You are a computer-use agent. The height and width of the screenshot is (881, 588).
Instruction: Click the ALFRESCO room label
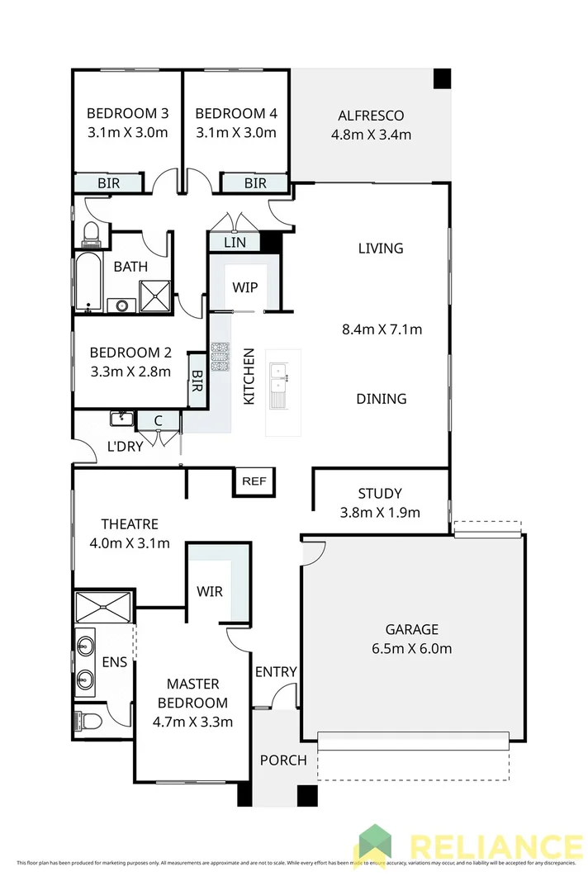(371, 116)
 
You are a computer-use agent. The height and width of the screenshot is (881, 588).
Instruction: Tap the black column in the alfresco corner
(443, 78)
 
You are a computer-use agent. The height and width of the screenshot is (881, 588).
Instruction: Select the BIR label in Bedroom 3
(109, 183)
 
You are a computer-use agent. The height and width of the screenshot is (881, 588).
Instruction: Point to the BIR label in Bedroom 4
(255, 183)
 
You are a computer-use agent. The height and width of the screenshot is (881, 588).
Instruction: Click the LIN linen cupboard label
(235, 243)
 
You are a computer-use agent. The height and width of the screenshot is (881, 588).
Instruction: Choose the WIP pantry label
(245, 287)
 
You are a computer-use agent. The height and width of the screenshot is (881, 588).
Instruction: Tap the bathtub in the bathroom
(87, 282)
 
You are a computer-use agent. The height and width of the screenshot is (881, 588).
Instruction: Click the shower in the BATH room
(154, 295)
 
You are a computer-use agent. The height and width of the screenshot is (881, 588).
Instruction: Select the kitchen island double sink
(279, 377)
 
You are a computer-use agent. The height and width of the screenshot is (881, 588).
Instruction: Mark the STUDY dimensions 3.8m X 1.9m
(380, 512)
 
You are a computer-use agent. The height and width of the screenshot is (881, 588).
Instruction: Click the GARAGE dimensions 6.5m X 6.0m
(411, 648)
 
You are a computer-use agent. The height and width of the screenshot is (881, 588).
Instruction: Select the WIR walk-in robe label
(209, 592)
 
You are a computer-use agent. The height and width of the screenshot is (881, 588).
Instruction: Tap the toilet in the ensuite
(88, 721)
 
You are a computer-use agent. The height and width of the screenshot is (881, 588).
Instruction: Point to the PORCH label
(283, 760)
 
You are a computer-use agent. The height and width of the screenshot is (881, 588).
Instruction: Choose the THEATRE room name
(130, 524)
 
